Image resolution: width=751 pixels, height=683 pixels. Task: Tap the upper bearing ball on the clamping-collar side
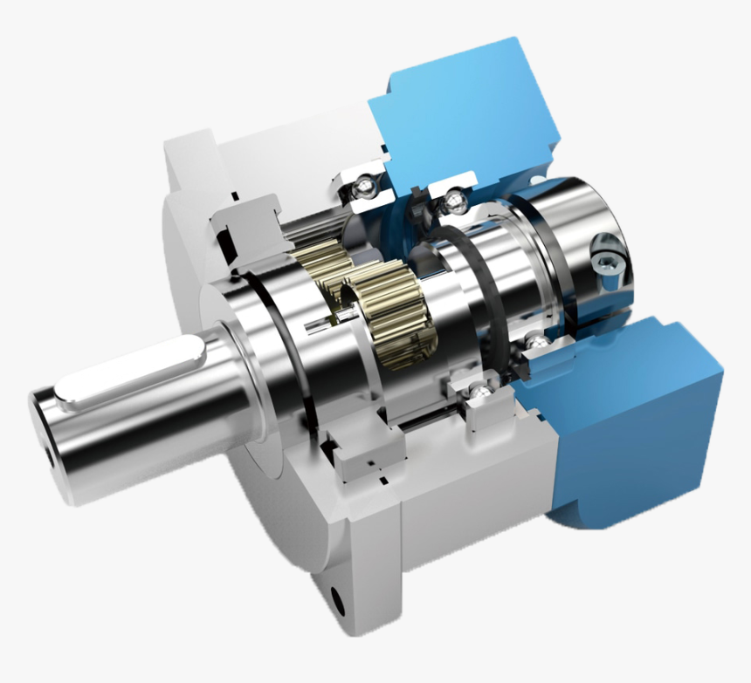click(x=452, y=202)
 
